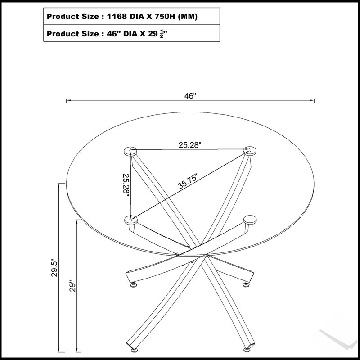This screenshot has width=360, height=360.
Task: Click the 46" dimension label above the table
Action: (190, 96)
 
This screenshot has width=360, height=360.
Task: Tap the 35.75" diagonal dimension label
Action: (188, 181)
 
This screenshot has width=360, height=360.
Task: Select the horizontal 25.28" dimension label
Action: (190, 145)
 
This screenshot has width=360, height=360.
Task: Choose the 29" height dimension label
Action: (72, 286)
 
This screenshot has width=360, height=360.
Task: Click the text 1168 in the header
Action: (117, 16)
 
